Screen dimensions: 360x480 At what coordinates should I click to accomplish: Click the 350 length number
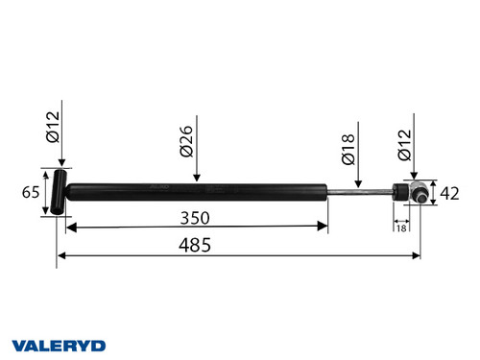tap(197, 217)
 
